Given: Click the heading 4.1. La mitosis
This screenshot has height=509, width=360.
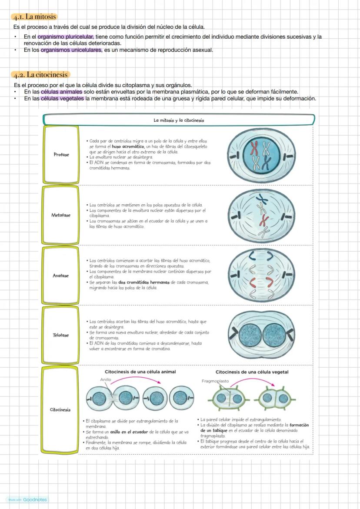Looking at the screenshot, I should point(34,17).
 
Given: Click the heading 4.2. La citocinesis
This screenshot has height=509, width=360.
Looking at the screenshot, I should point(40,75).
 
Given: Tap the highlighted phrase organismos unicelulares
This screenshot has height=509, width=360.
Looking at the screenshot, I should point(72,50).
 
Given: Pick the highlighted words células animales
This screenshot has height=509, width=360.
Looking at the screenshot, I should point(61,92).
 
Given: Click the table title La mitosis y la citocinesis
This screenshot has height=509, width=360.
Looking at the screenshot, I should point(179,120).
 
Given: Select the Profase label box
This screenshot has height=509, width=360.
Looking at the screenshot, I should point(61,154).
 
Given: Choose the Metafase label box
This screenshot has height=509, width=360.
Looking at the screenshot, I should point(61,215).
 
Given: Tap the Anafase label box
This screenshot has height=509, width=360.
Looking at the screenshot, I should point(61,276).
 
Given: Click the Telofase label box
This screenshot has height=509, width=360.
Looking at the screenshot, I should point(61,335).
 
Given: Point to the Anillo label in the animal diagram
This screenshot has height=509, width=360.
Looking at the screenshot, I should point(106,379).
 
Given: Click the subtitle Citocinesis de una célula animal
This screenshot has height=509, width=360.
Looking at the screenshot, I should point(140,372).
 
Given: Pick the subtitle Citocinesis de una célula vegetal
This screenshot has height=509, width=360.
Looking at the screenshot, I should point(252,372).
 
